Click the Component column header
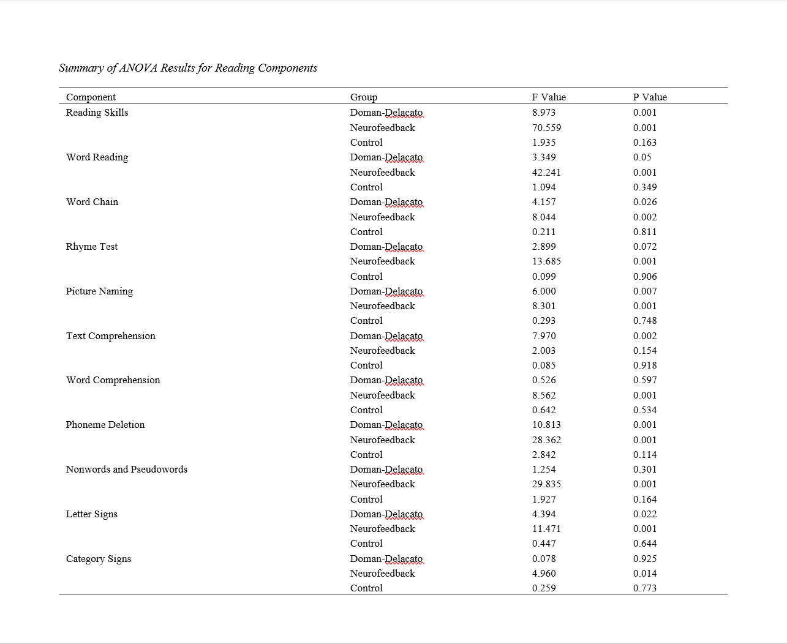click(91, 97)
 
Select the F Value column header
click(549, 97)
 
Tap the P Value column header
click(650, 97)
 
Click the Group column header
click(364, 97)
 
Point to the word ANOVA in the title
click(138, 68)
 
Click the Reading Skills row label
click(97, 113)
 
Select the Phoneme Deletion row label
click(105, 425)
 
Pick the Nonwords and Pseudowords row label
click(127, 470)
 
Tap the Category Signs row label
click(99, 559)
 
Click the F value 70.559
click(546, 128)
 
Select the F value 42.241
click(546, 173)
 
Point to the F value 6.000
click(544, 291)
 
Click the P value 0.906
click(645, 277)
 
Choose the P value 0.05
click(642, 157)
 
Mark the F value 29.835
click(546, 484)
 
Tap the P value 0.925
click(645, 559)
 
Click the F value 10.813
click(546, 425)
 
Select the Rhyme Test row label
click(92, 247)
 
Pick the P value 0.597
click(645, 380)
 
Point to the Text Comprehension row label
click(111, 336)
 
